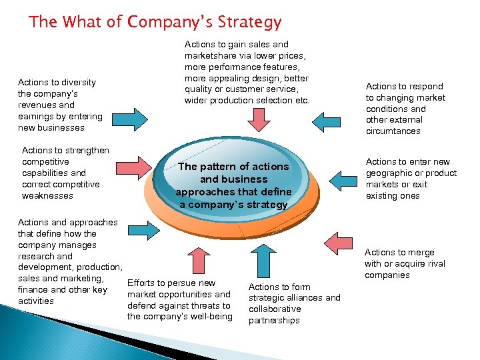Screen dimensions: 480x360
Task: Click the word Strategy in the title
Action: (x=247, y=22)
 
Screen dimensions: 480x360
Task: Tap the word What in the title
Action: (x=83, y=22)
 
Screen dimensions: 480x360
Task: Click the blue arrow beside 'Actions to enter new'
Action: (x=343, y=181)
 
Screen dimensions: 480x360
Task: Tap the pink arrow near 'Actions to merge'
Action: (x=335, y=239)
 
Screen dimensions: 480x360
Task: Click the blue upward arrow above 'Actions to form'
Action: (x=259, y=257)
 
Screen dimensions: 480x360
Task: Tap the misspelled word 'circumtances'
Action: (x=393, y=131)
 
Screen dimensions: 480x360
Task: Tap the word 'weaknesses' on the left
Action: (x=47, y=196)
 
